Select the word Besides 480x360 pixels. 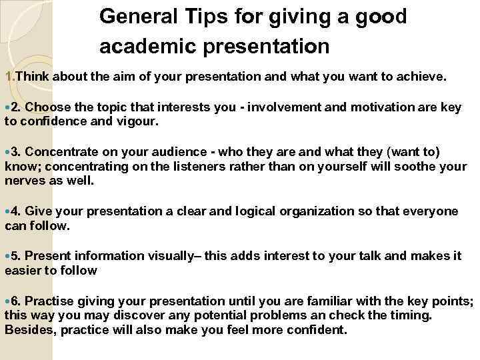point(27,329)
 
